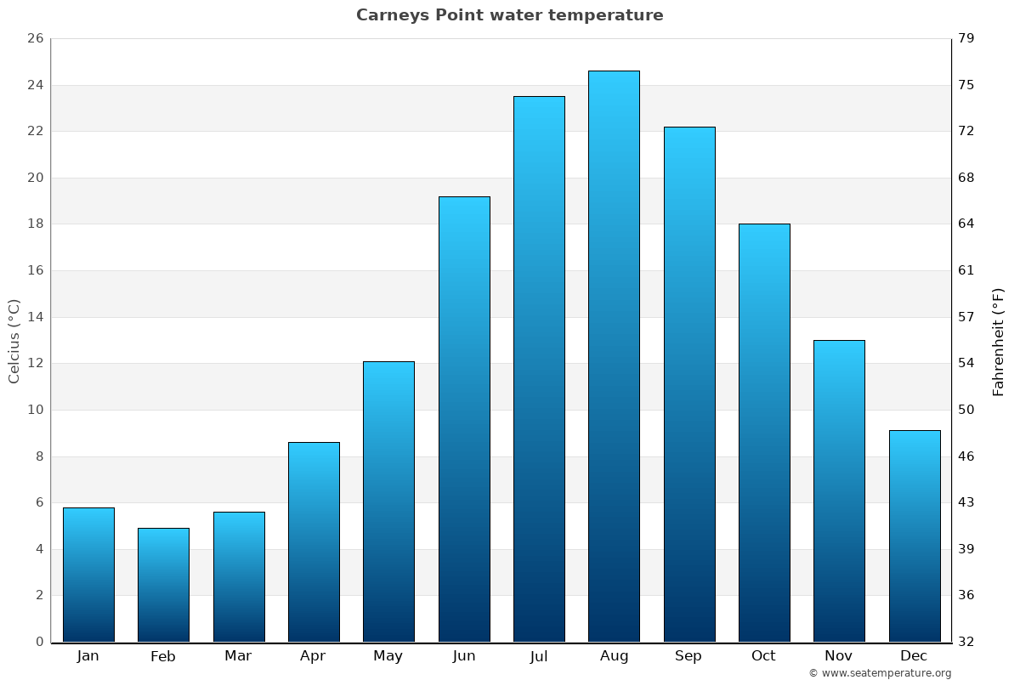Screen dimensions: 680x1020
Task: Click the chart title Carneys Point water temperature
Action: pos(509,15)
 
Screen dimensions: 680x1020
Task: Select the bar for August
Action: pos(614,357)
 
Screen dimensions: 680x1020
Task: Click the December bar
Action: pos(915,535)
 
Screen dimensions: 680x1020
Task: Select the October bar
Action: pos(764,433)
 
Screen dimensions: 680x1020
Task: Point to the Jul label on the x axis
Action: pos(539,656)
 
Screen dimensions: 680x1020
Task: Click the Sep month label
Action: pos(688,656)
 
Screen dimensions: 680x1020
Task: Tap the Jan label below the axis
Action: pos(88,656)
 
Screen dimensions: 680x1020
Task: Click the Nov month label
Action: pos(839,656)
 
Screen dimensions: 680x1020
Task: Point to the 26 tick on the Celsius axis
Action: pos(35,38)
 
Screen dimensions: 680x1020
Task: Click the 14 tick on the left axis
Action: pos(35,317)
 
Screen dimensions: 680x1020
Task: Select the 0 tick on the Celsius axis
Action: pos(39,642)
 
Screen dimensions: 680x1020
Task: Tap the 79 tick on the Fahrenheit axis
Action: pos(966,38)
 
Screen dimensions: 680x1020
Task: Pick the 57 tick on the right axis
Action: pos(966,317)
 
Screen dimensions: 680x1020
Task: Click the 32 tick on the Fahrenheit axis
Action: pos(966,642)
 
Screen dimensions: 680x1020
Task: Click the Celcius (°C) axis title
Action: pos(14,340)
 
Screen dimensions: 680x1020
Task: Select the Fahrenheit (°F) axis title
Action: pos(999,341)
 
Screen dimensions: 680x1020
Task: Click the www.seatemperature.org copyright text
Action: pos(880,673)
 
